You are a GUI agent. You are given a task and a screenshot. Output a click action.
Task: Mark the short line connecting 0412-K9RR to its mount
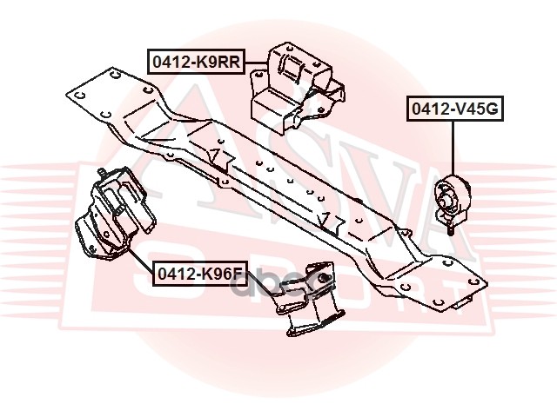254,62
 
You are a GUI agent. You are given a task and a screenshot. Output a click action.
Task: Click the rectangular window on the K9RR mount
288,67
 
